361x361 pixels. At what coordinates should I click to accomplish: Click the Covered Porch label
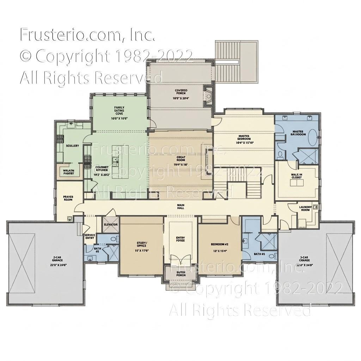[181, 92]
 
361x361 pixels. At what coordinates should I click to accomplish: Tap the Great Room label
[181, 159]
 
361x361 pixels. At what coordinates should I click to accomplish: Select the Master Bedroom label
[244, 137]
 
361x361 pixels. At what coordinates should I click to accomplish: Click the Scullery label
[72, 146]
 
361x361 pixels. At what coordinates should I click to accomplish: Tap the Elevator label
[110, 225]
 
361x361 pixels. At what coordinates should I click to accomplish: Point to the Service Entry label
[90, 237]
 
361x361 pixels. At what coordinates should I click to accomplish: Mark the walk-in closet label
[296, 176]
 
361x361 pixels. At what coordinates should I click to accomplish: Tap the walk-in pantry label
[68, 172]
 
